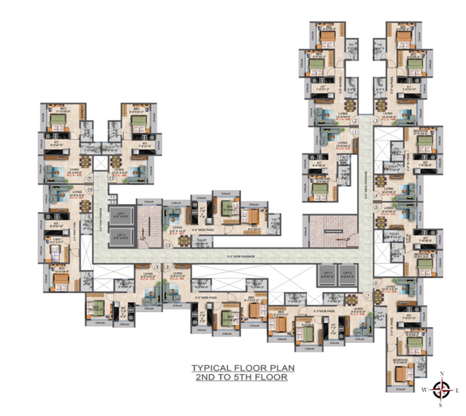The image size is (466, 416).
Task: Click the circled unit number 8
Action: [166, 267]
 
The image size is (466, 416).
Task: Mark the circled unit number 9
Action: [157, 267]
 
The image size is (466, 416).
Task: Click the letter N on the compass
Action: [442, 372]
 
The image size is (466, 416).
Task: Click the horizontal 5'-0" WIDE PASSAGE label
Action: [231, 256]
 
